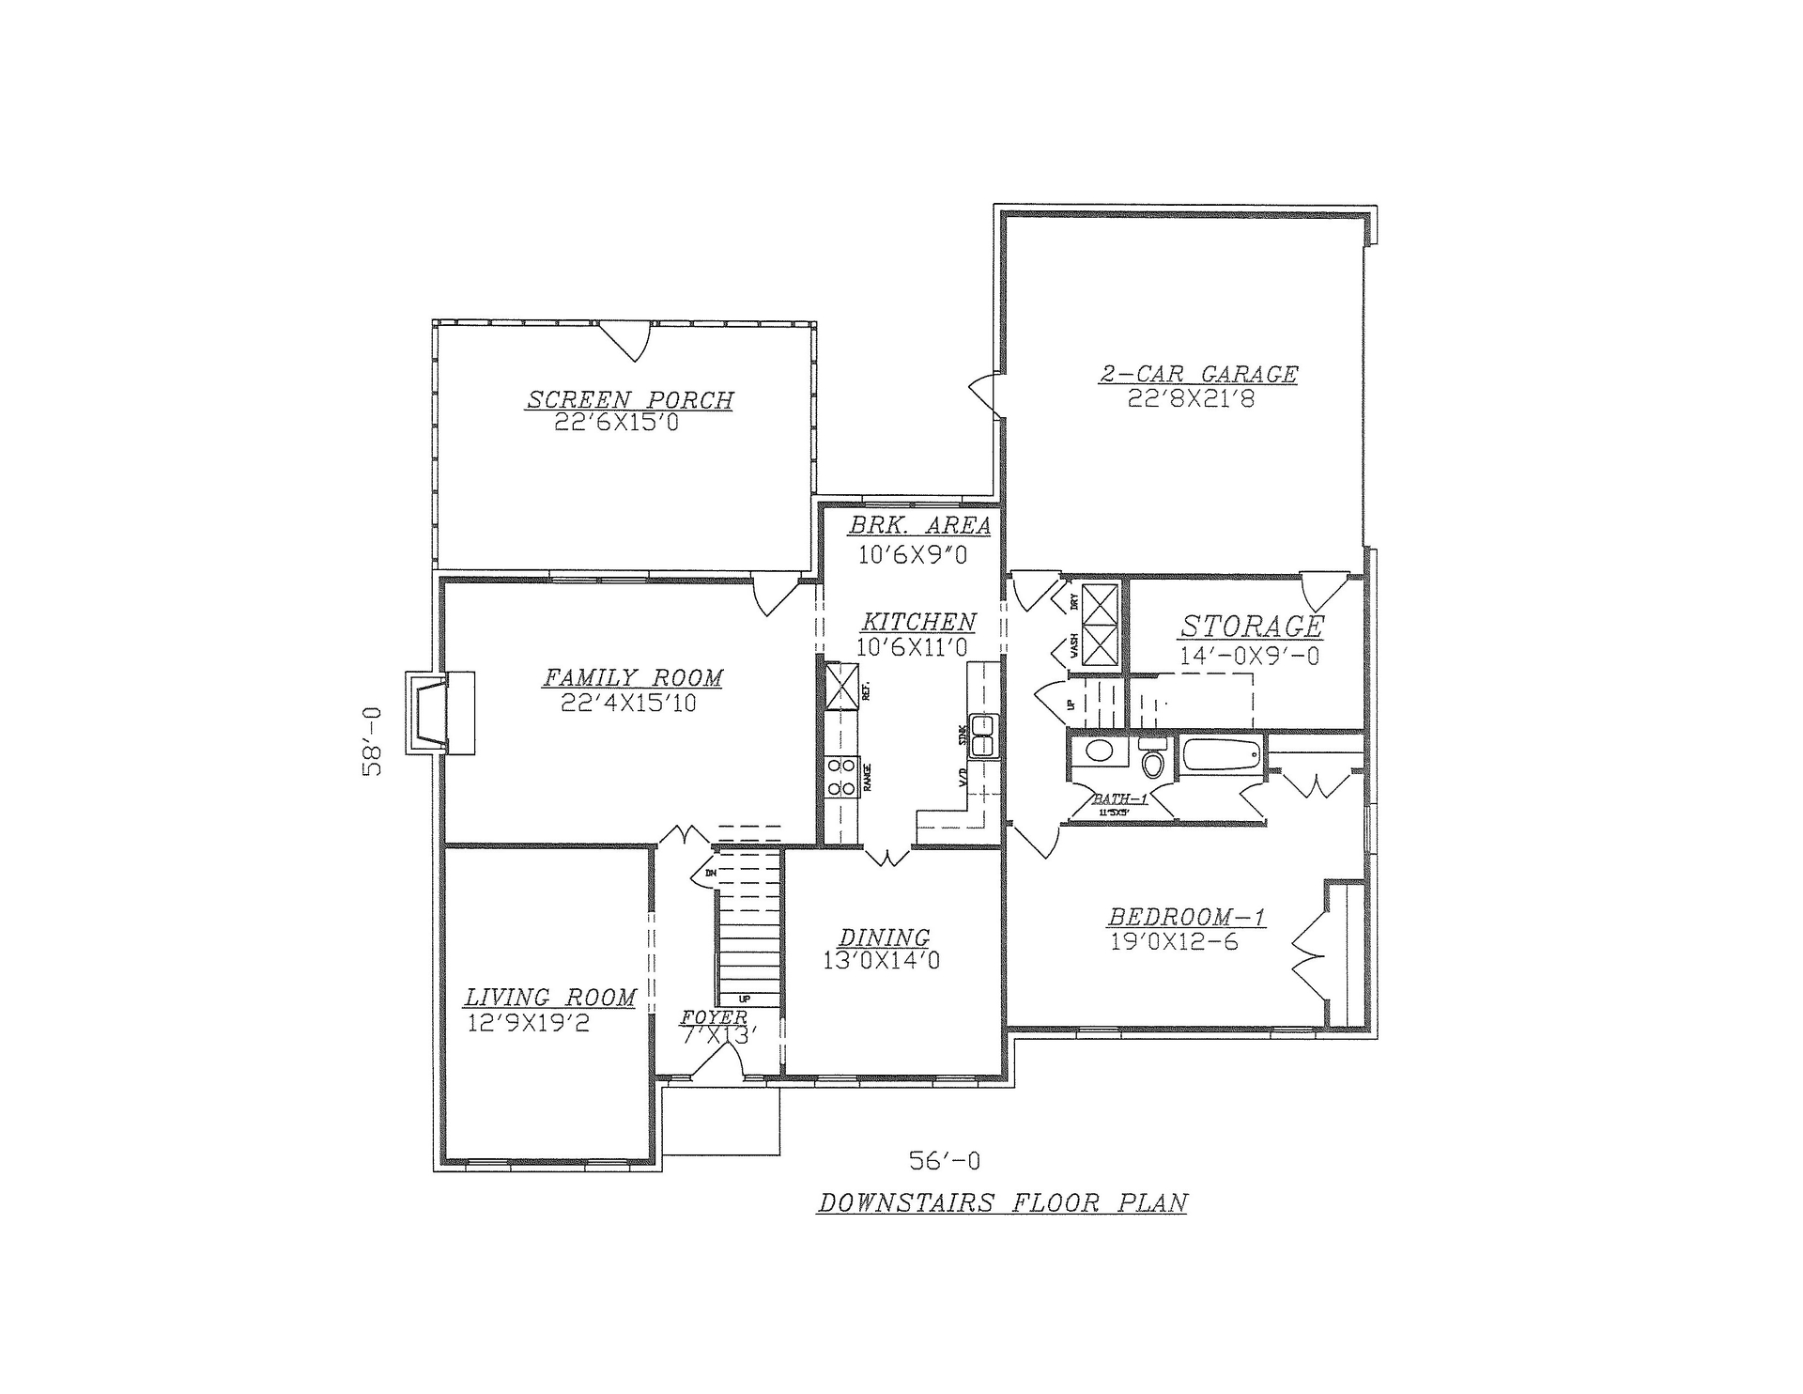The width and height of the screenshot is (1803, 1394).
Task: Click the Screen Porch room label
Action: [x=629, y=400]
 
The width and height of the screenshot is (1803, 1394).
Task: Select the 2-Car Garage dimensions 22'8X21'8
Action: [x=1192, y=399]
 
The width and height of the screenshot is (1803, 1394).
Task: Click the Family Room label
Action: [x=633, y=677]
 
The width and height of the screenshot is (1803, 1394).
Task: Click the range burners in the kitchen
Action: [x=841, y=777]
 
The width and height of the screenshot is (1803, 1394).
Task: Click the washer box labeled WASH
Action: [x=1099, y=647]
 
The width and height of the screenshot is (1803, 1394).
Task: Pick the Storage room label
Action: [x=1252, y=627]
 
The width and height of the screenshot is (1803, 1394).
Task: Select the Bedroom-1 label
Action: [x=1186, y=917]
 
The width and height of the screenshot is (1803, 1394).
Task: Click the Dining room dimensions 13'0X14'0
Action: [x=881, y=961]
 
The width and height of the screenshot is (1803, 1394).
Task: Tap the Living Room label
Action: [x=550, y=998]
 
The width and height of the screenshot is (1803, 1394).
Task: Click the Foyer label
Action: [x=714, y=1018]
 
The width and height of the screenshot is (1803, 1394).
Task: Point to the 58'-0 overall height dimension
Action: [x=374, y=741]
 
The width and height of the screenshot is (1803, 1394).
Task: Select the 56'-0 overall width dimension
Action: [x=944, y=1162]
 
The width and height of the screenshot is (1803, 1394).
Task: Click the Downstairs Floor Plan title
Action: [x=1002, y=1203]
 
